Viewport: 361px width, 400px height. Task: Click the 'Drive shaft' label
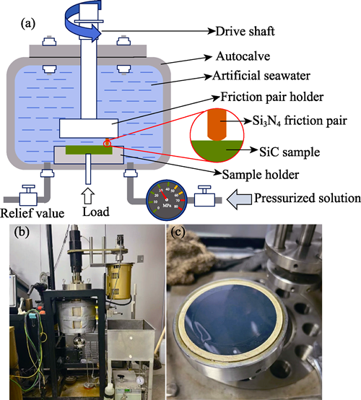point(245,31)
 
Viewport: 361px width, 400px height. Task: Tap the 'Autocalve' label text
point(243,56)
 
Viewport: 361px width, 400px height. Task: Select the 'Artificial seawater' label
point(261,76)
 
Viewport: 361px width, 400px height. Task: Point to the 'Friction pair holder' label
point(272,97)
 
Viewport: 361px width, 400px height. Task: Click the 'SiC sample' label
point(290,152)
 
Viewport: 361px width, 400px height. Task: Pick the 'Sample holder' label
point(261,175)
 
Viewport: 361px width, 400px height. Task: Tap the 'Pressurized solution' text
point(307,199)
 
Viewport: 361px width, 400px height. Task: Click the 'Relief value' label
point(32,213)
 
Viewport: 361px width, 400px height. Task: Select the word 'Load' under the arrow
point(96,212)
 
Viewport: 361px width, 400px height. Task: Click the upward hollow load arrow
point(88,196)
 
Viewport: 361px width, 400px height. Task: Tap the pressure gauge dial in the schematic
point(167,200)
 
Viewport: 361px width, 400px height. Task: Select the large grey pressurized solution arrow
point(239,199)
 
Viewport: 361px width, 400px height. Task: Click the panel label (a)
point(28,25)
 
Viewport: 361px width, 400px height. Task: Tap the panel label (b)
point(22,232)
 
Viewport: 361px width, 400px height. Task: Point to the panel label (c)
point(178,232)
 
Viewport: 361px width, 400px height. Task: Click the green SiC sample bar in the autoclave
point(89,149)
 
